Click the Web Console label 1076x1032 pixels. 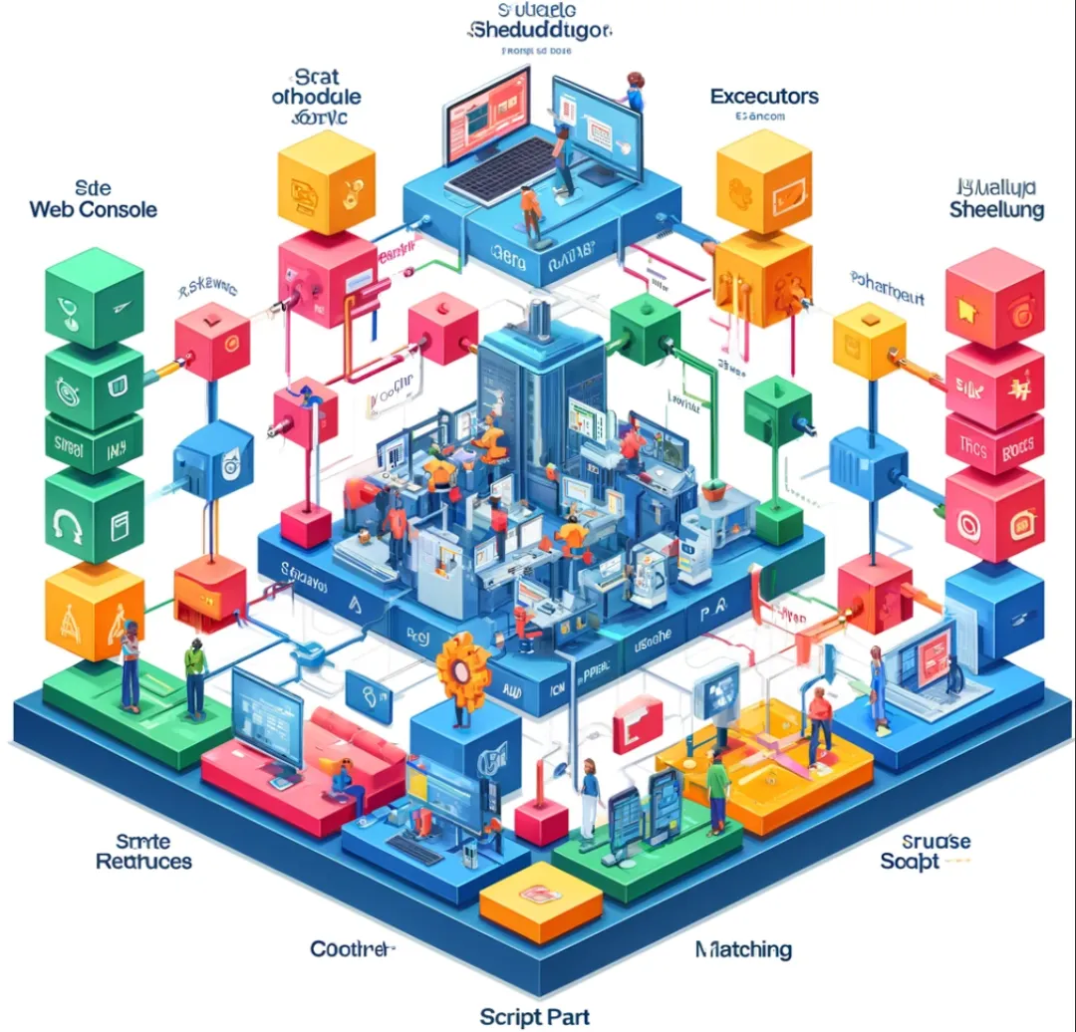94,210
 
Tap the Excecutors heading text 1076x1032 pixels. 764,97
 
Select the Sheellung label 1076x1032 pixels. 996,210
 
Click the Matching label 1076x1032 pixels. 743,948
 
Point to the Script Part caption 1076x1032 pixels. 534,1016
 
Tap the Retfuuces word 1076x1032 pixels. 143,861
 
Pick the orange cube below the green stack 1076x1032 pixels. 95,610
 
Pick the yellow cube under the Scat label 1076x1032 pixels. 325,181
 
